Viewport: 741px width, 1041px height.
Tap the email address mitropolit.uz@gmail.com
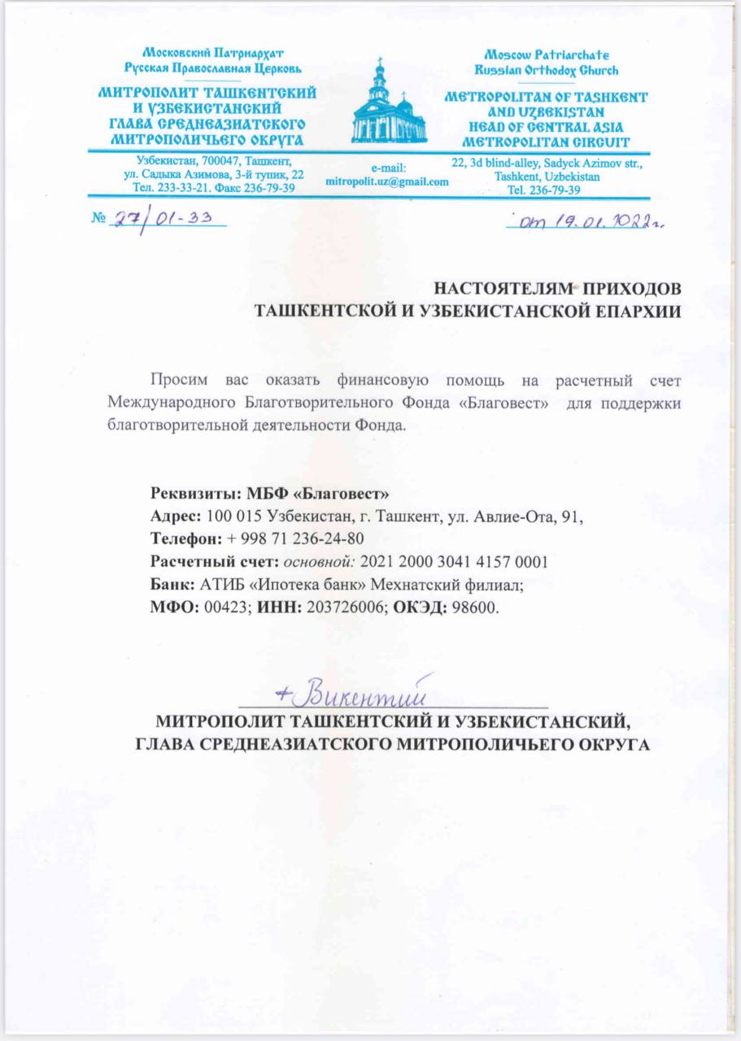click(386, 181)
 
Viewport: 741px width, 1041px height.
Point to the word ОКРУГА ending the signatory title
click(608, 744)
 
